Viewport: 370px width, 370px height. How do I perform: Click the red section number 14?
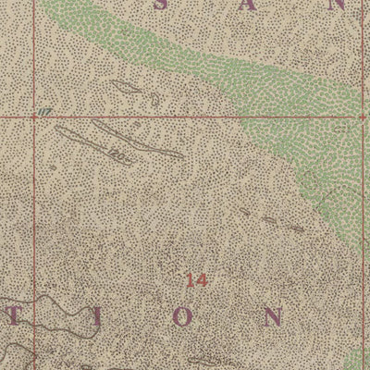195,279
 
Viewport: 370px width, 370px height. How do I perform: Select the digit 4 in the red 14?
200,279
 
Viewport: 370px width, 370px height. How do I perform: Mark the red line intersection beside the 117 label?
35,118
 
